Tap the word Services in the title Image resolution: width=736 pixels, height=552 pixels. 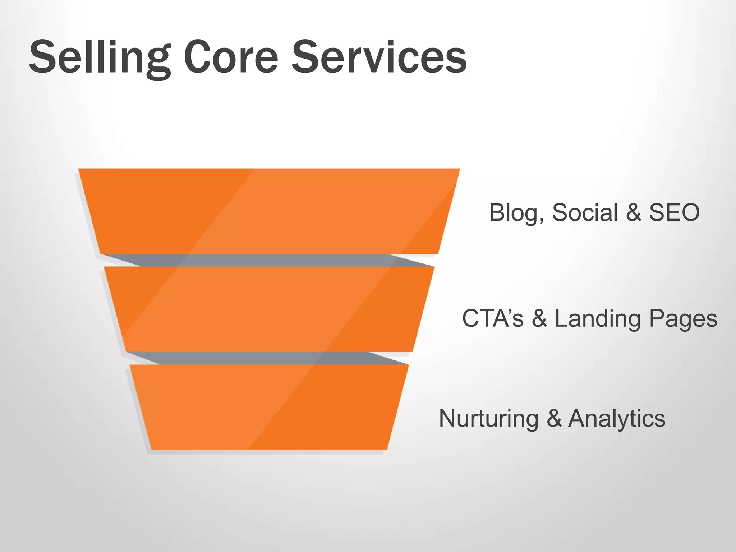[x=379, y=57]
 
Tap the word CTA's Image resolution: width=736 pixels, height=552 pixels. [x=493, y=318]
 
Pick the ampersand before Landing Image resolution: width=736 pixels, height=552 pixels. [x=539, y=318]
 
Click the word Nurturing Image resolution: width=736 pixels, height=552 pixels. [x=488, y=419]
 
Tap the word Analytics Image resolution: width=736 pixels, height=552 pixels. [x=617, y=419]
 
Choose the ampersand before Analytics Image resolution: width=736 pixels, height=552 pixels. [x=554, y=419]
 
